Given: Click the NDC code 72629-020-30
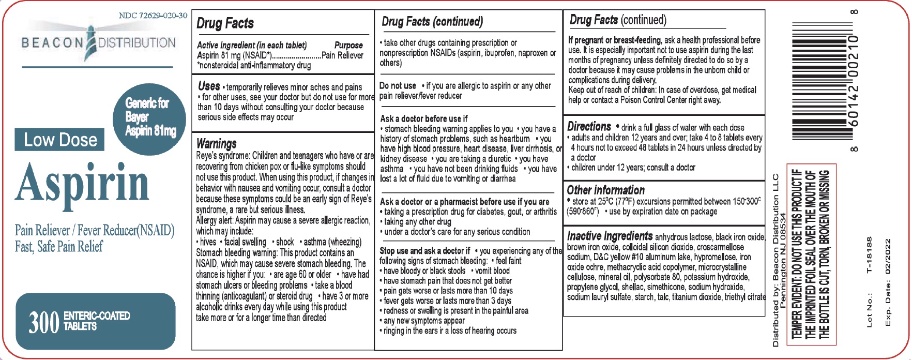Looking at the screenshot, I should coord(153,16).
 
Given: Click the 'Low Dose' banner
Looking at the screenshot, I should coord(60,140).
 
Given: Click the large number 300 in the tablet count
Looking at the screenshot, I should coord(43,322).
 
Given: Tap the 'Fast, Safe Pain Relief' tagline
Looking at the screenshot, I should coord(58,247).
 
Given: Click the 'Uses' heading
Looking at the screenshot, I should coord(209,85).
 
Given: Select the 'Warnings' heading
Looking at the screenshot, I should coord(217,143).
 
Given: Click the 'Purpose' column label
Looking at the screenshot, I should coord(348,46).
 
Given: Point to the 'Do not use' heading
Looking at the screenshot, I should coord(398,86).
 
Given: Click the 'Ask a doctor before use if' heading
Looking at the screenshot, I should coord(424,118).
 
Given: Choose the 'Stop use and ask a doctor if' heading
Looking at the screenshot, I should coord(425,250).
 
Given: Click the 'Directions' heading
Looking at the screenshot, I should coord(589,126).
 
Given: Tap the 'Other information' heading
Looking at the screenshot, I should coord(605,190).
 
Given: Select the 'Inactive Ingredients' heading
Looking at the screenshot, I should coord(610,236).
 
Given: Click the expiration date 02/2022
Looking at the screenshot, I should coord(888,257).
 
